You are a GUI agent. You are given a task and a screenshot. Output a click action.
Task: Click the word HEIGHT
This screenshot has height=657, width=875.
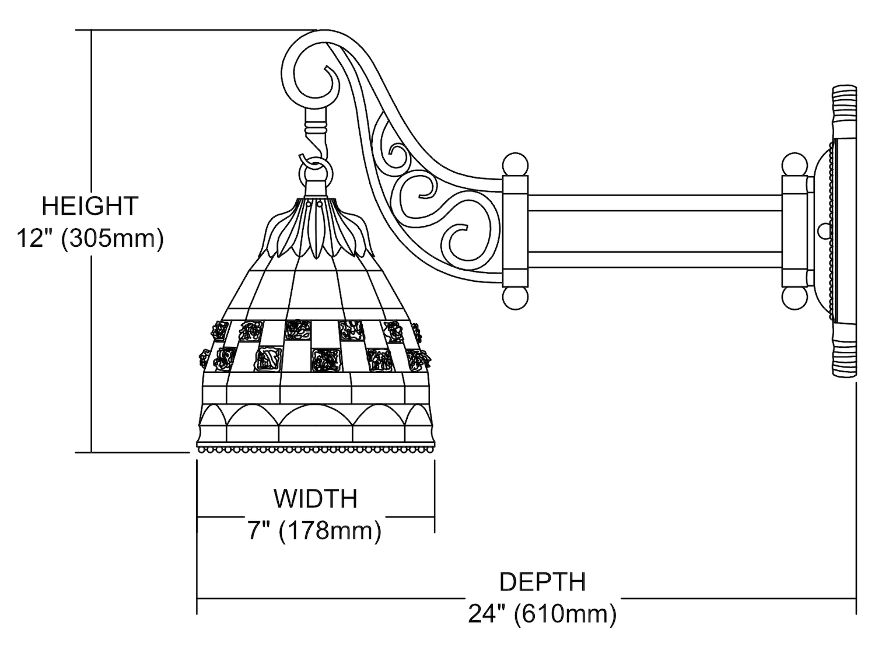tap(90, 207)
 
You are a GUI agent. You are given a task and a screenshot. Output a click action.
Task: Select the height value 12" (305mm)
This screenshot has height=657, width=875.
tap(90, 239)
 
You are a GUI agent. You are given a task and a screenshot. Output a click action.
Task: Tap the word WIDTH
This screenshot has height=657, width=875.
tap(316, 499)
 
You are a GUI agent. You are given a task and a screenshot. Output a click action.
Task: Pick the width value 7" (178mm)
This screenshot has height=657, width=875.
tap(316, 531)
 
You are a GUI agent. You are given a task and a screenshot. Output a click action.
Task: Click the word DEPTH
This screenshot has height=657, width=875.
tap(542, 582)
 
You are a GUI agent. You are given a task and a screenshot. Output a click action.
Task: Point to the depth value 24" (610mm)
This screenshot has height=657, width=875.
tap(542, 614)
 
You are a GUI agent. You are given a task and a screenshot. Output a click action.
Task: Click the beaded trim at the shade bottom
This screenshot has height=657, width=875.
tap(316, 450)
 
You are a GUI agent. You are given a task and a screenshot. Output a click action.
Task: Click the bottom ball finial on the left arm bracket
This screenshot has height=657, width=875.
tap(514, 298)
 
